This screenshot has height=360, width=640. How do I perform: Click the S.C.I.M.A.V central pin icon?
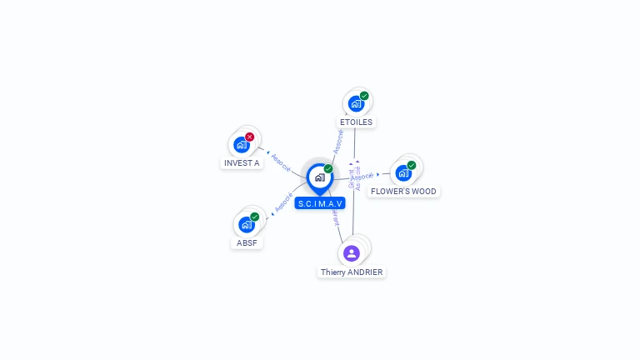tap(319, 177)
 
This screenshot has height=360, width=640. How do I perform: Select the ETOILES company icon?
tap(356, 104)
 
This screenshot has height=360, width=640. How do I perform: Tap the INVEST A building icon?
tap(242, 145)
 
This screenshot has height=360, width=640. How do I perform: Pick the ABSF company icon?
tap(246, 225)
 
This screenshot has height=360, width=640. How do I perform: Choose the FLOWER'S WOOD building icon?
tap(403, 173)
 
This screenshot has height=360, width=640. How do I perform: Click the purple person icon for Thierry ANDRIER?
tap(352, 253)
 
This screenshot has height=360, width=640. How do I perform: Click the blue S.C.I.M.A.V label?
tap(320, 203)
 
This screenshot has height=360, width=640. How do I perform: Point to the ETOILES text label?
tap(356, 122)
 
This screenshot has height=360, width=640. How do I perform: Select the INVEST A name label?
tap(242, 163)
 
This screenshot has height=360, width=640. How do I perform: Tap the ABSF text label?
tap(247, 243)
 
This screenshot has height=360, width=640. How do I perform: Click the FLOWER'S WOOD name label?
tap(403, 192)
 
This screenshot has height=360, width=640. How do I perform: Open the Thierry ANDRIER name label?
tap(352, 272)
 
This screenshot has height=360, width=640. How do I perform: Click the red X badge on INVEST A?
tap(249, 137)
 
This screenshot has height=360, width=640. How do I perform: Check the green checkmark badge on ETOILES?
tap(364, 96)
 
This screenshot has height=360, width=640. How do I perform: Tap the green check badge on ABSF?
tap(254, 217)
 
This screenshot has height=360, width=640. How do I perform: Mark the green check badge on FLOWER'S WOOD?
tap(411, 165)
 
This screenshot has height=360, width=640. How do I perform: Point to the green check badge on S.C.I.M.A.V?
tap(328, 168)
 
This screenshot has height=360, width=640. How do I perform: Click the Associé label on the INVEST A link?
tap(281, 161)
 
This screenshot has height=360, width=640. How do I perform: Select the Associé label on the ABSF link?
tap(283, 202)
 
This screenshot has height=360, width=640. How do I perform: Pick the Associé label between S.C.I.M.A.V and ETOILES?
tap(338, 139)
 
